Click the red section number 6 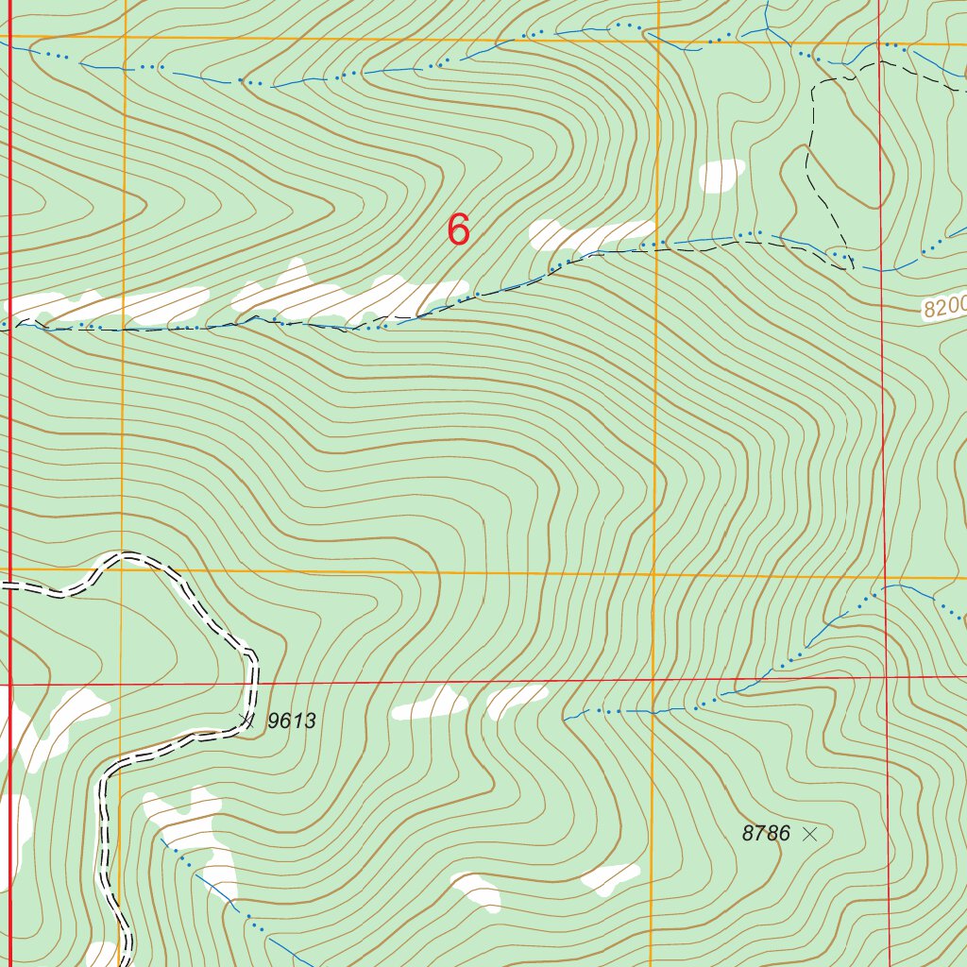click(x=458, y=229)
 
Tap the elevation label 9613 click(x=291, y=721)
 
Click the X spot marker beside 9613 click(x=247, y=720)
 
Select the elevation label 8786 click(x=766, y=833)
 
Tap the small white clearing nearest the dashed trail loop click(x=721, y=175)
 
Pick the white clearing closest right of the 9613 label click(x=431, y=704)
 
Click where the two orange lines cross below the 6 click(x=654, y=574)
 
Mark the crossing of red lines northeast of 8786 click(x=886, y=676)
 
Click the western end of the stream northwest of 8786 click(x=567, y=718)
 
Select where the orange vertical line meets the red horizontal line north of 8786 click(x=653, y=678)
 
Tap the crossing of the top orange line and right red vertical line click(x=879, y=42)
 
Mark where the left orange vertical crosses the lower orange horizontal click(x=123, y=570)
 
